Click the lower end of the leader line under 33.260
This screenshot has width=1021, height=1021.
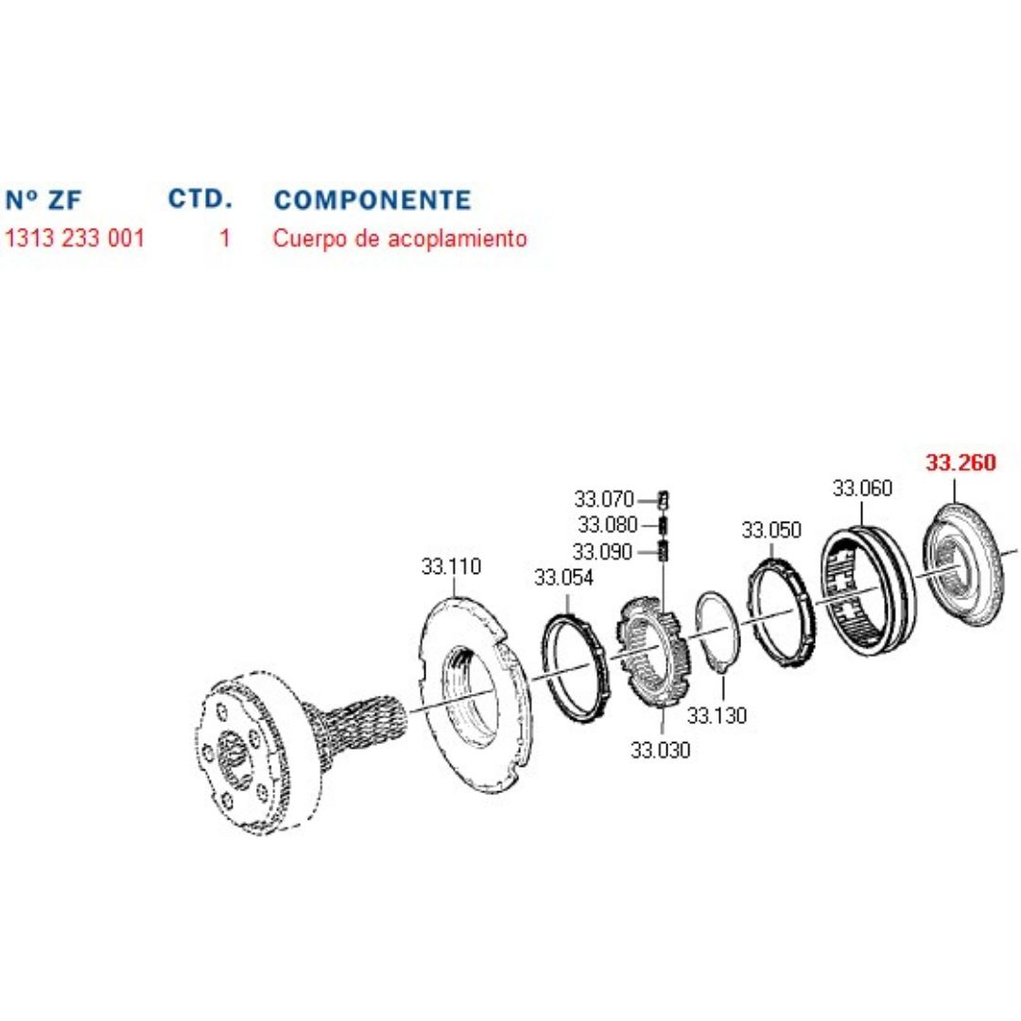pos(955,503)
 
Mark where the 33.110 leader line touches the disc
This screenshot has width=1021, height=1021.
pos(453,597)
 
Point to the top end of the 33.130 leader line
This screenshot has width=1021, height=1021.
pos(723,674)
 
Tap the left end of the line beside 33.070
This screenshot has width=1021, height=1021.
pos(639,501)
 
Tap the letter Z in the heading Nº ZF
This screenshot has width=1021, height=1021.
pos(56,199)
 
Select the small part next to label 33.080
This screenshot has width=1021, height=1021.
pos(664,524)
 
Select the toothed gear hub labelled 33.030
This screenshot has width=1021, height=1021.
pos(651,652)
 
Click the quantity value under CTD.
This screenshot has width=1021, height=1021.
pos(225,237)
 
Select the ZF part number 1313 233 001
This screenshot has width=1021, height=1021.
pos(75,237)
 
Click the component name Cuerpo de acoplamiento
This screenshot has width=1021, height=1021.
pos(400,238)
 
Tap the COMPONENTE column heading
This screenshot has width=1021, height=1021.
pos(372,199)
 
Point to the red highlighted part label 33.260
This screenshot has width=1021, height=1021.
pos(961,462)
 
